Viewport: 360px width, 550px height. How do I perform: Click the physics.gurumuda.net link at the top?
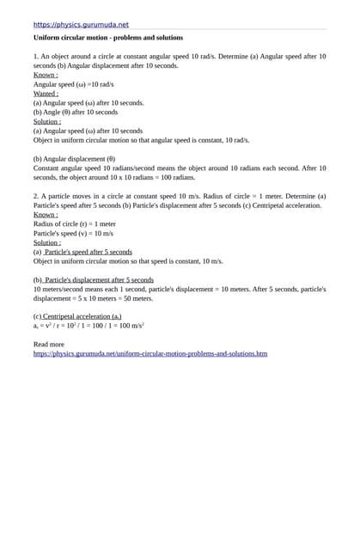coord(81,25)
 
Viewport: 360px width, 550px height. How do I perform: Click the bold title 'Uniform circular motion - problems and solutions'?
coord(107,38)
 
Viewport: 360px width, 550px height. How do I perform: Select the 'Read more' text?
coord(48,344)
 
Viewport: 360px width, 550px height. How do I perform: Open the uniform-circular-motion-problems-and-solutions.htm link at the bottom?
coord(150,353)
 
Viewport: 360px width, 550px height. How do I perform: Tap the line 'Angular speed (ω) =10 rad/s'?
coord(73,84)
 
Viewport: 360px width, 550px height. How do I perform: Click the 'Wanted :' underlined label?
coord(46,94)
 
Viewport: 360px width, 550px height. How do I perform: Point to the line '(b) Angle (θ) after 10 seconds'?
coord(76,112)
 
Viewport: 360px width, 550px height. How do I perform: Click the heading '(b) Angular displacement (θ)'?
coord(74,159)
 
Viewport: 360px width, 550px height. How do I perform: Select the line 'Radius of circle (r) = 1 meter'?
coord(75,223)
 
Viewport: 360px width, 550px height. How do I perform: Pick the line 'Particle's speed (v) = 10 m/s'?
coord(73,233)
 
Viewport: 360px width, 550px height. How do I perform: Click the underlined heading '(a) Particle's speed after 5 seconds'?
coord(82,252)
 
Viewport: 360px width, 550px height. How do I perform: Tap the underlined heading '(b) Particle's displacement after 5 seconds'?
coord(93,280)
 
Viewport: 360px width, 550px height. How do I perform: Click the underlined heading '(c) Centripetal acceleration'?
coord(77,317)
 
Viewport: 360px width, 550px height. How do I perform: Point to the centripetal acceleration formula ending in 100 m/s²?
coord(88,326)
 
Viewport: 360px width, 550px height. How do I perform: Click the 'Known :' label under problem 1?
coord(46,75)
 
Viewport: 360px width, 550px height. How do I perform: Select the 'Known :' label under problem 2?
coord(46,214)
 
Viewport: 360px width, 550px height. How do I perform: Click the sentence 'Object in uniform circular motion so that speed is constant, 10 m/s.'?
coord(128,261)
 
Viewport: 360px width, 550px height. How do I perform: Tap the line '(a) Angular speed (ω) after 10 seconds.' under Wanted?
coord(88,102)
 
